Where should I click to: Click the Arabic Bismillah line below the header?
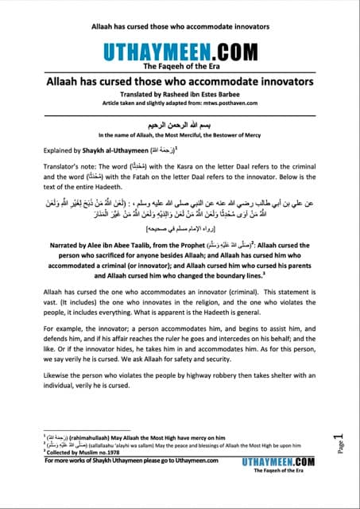pyautogui.click(x=180, y=125)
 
